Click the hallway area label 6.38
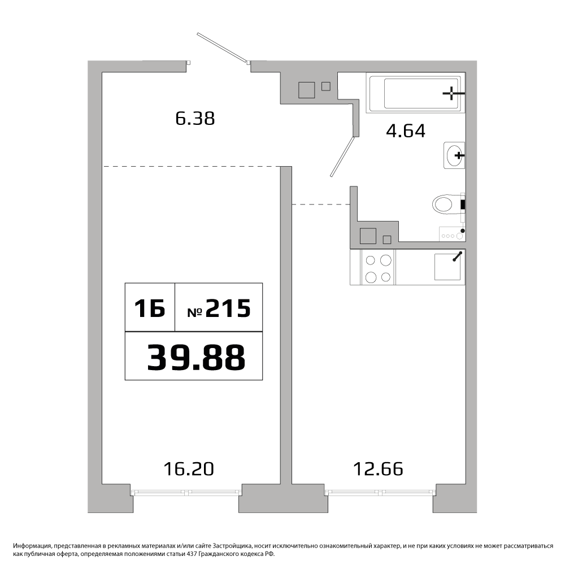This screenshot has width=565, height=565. coord(195,118)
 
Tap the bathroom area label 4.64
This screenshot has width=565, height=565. coord(405,131)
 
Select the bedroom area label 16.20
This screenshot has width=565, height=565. coord(189,469)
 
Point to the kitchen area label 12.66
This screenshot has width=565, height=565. coord(378,469)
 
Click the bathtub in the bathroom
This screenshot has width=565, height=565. coord(414,93)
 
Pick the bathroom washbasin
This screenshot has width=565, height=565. coord(454,155)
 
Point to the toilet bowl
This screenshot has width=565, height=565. coord(449,205)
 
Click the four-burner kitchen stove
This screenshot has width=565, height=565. coord(378,267)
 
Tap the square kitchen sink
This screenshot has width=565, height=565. coord(447,267)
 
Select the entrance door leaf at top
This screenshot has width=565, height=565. coord(223,48)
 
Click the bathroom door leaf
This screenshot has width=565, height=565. coord(344,156)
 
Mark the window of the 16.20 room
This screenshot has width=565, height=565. coord(186,492)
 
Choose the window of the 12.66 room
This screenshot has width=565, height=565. coord(380,492)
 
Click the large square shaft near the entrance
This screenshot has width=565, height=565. coord(306,90)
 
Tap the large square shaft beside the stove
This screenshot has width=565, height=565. coord(368,236)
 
